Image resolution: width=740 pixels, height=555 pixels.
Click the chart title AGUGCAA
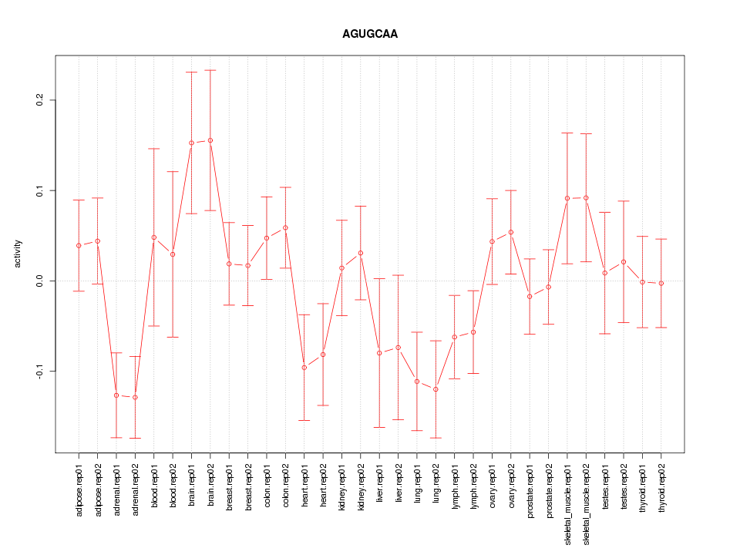[370, 34]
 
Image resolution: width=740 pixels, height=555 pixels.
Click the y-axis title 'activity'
[18, 254]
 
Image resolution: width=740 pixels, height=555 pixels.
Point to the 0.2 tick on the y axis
[41, 100]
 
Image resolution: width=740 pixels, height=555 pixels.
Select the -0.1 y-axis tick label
[41, 371]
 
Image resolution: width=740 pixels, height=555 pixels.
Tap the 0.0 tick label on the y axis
[41, 281]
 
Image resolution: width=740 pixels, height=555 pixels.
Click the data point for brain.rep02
[210, 140]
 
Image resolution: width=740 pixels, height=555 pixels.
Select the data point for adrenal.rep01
[116, 395]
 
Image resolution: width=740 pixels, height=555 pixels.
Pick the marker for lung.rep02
[436, 389]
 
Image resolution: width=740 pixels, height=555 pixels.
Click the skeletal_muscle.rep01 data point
[567, 198]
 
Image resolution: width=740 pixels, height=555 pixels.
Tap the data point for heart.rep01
[304, 368]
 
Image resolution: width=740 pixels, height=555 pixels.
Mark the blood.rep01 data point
[154, 237]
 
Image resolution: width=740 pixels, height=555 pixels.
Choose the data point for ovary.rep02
[511, 232]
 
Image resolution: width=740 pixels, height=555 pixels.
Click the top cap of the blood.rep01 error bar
[154, 148]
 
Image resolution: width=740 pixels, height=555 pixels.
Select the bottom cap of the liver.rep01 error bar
[380, 427]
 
